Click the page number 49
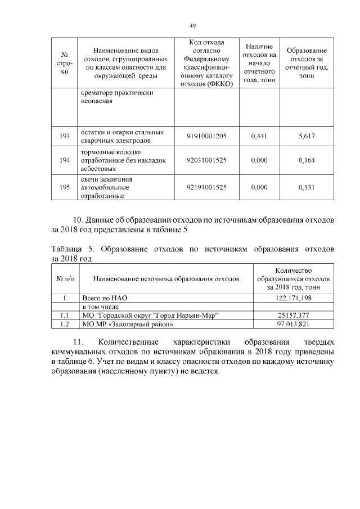(x=192, y=26)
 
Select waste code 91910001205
(x=207, y=136)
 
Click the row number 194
(x=64, y=161)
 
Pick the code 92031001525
(x=207, y=161)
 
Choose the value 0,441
(x=259, y=136)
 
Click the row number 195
(x=64, y=188)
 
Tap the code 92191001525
(x=207, y=188)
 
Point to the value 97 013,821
(x=294, y=324)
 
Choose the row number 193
(x=64, y=136)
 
